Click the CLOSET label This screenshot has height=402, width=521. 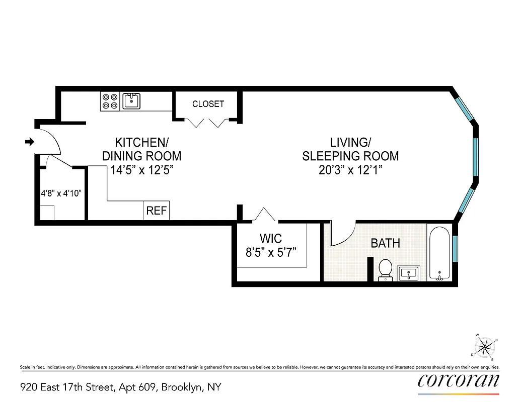(208, 104)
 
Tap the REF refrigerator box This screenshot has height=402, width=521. (156, 211)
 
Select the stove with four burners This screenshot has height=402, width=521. (110, 102)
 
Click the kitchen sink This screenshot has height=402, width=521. (132, 101)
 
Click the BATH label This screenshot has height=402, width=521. (385, 243)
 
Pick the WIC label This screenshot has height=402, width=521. (270, 238)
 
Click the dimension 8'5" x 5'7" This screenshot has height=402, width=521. (270, 252)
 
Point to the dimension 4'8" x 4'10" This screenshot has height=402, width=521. (61, 192)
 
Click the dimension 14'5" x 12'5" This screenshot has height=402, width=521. (141, 170)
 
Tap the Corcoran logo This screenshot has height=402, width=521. (458, 380)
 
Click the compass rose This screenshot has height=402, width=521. (485, 347)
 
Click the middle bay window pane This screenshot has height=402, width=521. (475, 156)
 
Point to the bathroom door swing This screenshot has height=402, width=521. (343, 235)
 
